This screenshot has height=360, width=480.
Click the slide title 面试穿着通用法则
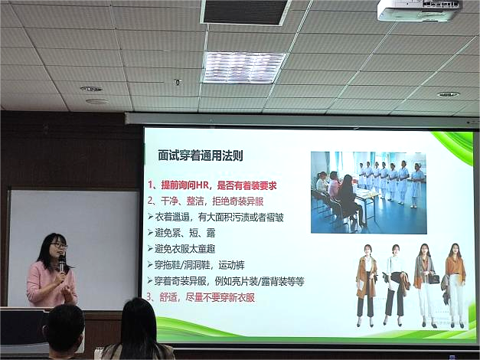(x=201, y=155)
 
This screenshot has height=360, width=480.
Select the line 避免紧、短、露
(x=181, y=233)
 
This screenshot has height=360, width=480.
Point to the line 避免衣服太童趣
(x=181, y=249)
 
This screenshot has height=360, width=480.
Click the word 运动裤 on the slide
(x=232, y=265)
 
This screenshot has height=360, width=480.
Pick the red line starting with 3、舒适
(x=201, y=297)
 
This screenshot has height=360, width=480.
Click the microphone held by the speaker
(x=62, y=263)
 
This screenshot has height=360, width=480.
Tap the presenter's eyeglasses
(x=59, y=245)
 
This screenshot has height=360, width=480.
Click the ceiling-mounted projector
(x=420, y=10)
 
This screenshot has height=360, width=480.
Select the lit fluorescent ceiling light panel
(x=244, y=67)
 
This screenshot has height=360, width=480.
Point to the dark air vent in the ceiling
(x=245, y=12)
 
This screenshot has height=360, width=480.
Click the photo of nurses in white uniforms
(x=368, y=192)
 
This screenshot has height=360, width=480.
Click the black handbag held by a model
(x=433, y=279)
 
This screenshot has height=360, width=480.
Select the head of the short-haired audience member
(x=64, y=326)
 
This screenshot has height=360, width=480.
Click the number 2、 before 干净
(x=153, y=201)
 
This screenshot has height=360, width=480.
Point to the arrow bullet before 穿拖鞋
(x=150, y=264)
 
